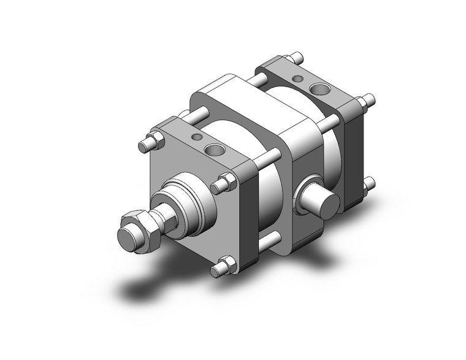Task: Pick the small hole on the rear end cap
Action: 299,79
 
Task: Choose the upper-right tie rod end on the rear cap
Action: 369,99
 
